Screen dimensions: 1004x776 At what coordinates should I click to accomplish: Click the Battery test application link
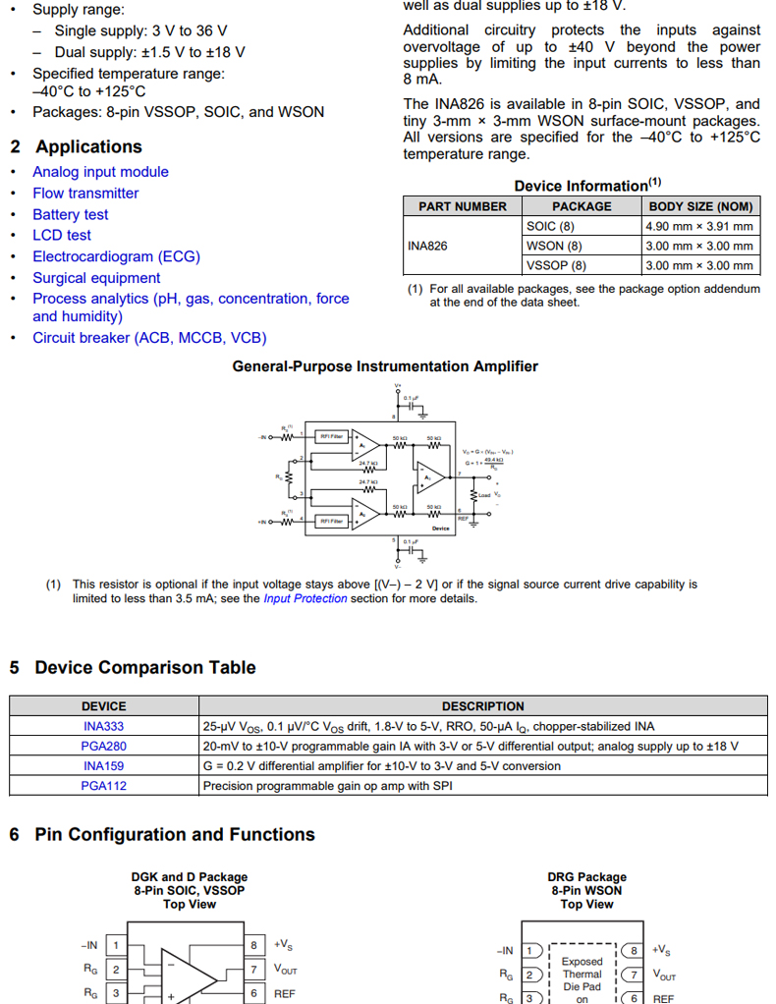[71, 214]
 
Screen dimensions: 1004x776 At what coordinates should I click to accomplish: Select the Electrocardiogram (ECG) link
[116, 256]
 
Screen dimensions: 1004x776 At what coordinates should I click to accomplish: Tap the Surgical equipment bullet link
[96, 278]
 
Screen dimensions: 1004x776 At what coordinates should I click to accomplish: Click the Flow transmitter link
[85, 194]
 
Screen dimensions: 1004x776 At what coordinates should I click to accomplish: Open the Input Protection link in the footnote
[305, 598]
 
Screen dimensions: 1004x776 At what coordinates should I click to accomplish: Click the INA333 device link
[103, 727]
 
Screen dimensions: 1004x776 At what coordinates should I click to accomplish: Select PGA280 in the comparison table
[103, 747]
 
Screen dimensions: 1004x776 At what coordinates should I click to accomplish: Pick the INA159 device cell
[103, 766]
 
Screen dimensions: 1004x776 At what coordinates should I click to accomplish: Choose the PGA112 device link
[103, 786]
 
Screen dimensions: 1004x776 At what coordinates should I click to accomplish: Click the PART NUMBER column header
[463, 206]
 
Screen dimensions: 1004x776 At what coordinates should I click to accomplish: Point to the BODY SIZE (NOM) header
[700, 206]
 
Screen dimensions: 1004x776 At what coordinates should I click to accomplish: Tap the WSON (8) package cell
[554, 246]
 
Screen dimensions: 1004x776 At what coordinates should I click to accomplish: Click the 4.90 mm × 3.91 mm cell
[698, 226]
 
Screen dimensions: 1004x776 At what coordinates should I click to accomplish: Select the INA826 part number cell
[427, 246]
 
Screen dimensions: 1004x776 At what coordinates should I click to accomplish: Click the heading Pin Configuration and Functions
[175, 835]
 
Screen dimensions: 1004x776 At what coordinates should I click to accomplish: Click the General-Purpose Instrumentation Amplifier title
[385, 366]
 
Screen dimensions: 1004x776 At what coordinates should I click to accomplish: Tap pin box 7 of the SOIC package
[253, 970]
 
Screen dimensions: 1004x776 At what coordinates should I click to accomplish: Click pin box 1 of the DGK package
[116, 946]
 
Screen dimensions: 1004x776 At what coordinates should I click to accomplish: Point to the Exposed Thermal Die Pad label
[582, 974]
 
